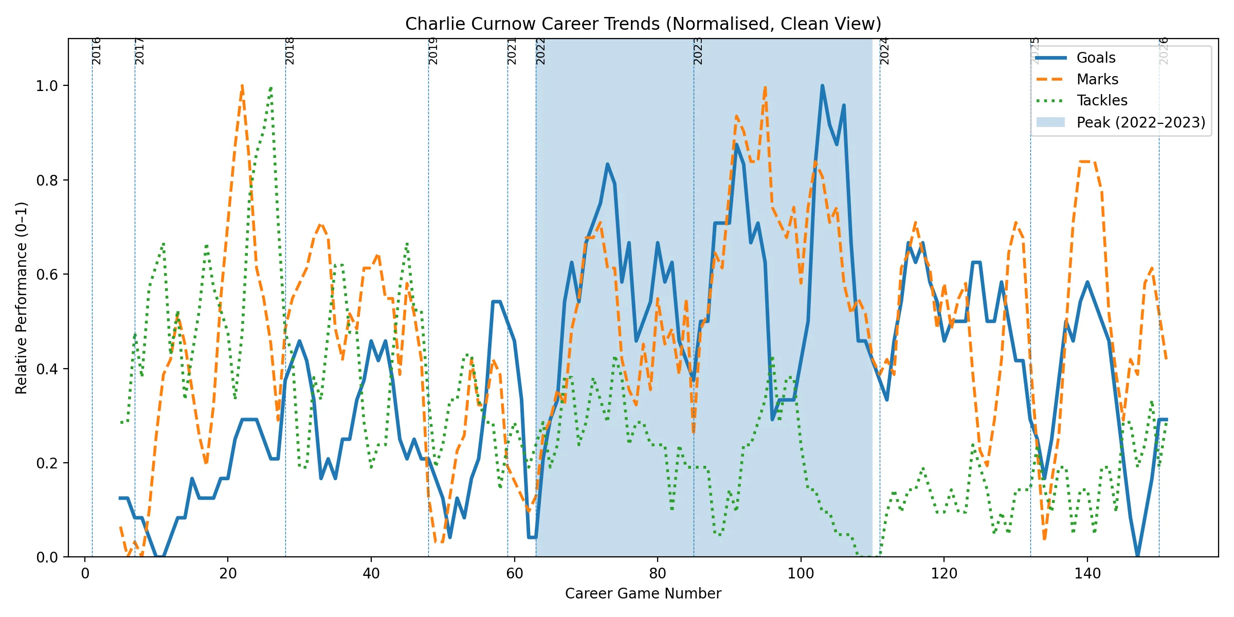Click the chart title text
(x=643, y=24)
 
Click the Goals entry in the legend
(x=1096, y=58)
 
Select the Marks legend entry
(x=1097, y=79)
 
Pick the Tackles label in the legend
(x=1102, y=100)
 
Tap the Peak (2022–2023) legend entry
(x=1140, y=122)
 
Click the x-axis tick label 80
(x=658, y=573)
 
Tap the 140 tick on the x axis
(x=1087, y=573)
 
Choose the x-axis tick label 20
(x=228, y=573)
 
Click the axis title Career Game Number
(x=643, y=593)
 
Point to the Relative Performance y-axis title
(x=21, y=298)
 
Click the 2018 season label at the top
(x=290, y=51)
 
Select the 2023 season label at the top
(x=698, y=51)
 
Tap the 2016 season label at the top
(x=96, y=51)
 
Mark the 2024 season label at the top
(x=884, y=51)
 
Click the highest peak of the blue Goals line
(x=822, y=86)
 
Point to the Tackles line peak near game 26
(x=271, y=88)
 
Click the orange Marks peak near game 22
(x=242, y=86)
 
